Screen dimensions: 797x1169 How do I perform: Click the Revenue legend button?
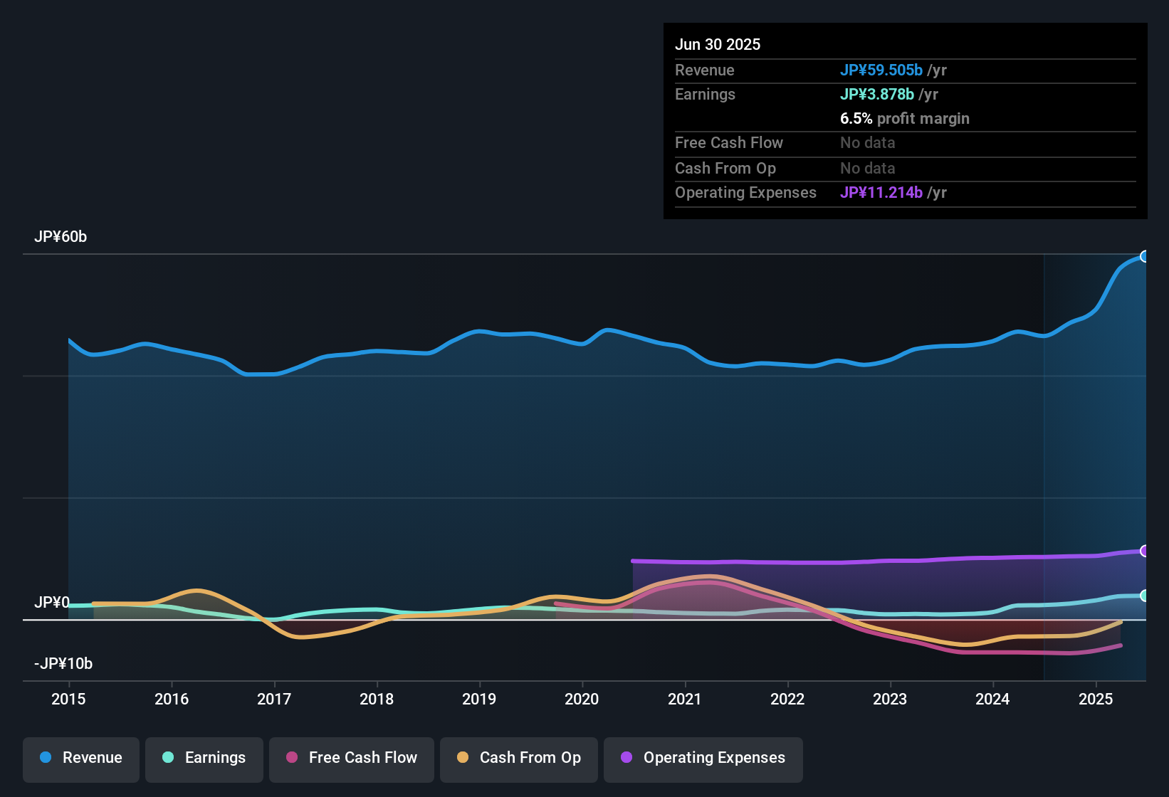81,758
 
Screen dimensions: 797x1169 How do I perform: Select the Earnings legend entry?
204,758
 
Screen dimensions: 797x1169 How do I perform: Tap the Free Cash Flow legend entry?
352,758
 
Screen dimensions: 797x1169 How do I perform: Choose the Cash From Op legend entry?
519,758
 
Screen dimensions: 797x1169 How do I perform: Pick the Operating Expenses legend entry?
703,758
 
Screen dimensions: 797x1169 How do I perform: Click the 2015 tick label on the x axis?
68,699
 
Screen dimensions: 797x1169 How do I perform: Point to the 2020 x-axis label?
582,699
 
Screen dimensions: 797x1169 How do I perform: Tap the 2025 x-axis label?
1095,699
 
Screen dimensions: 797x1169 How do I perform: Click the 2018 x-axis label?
377,699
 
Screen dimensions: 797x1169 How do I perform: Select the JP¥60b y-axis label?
61,237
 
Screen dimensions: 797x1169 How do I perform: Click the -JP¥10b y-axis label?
63,664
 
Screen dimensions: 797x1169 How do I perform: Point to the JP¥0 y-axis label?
52,603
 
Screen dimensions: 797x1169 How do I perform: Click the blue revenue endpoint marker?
1145,256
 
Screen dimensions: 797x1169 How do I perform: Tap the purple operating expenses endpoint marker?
1145,551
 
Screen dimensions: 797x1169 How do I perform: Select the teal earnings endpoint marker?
1145,596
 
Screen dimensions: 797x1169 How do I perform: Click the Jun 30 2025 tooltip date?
718,44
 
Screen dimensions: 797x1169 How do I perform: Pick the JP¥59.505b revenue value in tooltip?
881,70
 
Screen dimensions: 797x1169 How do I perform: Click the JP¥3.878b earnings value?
877,94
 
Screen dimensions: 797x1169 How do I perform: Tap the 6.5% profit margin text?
905,118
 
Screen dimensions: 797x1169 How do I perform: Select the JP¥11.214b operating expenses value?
881,192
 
